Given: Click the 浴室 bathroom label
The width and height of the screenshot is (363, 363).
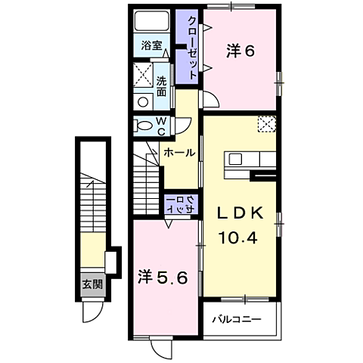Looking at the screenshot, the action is [151, 45].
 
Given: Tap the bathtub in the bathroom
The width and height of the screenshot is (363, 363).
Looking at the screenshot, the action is [151, 20].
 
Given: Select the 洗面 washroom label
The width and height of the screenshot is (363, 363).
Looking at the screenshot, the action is [161, 86].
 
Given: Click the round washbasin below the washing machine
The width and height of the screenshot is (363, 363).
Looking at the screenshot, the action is [143, 102].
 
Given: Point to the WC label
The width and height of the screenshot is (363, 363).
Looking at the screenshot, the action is [161, 126].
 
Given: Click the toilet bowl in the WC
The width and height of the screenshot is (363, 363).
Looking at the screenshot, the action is [144, 126].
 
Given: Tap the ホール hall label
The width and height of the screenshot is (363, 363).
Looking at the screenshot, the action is [179, 153].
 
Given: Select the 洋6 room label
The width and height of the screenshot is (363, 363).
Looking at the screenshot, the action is [240, 51].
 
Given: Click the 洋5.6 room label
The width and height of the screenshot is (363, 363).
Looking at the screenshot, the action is [163, 278].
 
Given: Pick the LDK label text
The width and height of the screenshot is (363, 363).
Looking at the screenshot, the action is [240, 214].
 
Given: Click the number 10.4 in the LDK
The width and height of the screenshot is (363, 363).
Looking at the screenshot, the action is [238, 237].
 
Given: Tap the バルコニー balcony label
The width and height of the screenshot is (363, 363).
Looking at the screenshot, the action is [237, 320].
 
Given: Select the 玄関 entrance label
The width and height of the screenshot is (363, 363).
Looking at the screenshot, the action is [93, 284].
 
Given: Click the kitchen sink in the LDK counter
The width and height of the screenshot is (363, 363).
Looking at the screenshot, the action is [235, 160].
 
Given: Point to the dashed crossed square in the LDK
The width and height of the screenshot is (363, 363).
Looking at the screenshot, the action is [267, 124].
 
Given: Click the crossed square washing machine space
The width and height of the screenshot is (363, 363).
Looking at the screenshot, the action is [143, 75].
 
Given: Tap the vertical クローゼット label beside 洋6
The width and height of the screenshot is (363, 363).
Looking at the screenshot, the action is [192, 48].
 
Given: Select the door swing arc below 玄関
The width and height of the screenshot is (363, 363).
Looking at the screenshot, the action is [97, 316].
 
